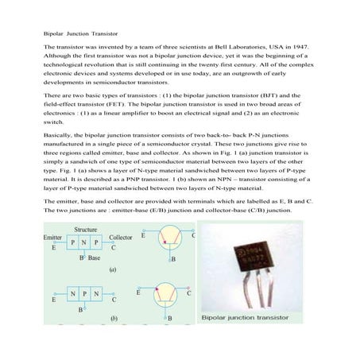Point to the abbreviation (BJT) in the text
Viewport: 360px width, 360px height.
pos(279,94)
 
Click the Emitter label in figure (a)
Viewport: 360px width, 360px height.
pos(52,238)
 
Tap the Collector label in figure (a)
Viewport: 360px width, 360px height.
pos(121,238)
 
